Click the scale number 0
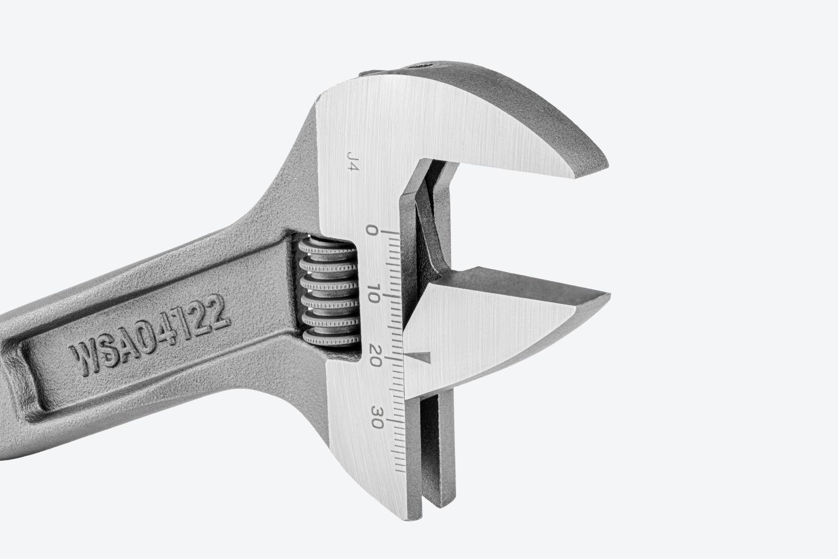coord(372,230)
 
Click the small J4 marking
coord(353,161)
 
